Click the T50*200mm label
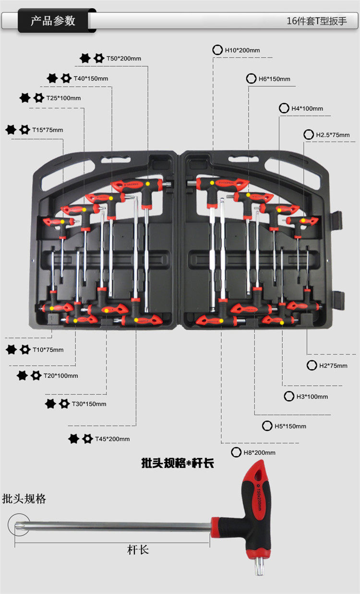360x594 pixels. [x=123, y=59]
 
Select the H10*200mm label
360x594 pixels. [x=242, y=50]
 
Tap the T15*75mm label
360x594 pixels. [x=48, y=130]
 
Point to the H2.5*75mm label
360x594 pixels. [x=333, y=135]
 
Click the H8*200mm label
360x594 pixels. [x=259, y=452]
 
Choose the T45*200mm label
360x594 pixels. [x=112, y=439]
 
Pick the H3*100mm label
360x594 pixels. [x=312, y=397]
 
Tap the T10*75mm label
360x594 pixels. [x=48, y=350]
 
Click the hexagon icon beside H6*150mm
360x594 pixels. [x=251, y=79]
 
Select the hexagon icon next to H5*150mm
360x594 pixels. [x=267, y=426]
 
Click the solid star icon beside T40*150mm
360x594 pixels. [x=52, y=78]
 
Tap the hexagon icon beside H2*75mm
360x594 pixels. [x=312, y=366]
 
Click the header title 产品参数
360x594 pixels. [x=53, y=21]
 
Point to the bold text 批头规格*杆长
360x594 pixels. [x=178, y=463]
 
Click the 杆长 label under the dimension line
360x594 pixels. [x=138, y=550]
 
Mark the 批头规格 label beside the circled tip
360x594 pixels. [x=24, y=499]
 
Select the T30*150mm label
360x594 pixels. [x=89, y=404]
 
